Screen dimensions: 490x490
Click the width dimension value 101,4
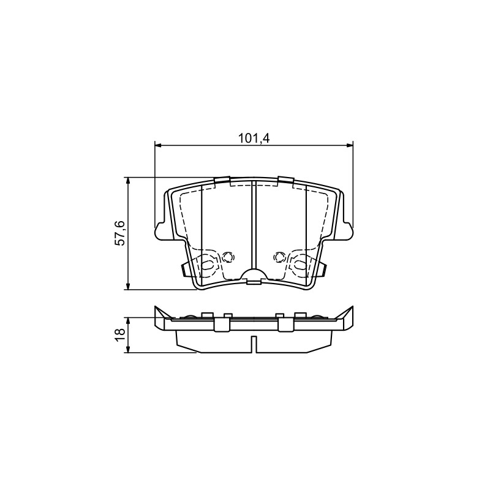click(254, 138)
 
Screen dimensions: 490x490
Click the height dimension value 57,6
click(119, 233)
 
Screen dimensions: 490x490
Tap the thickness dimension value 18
click(120, 335)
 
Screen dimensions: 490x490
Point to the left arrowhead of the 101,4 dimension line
click(158, 145)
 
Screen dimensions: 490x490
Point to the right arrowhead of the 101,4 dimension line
click(350, 145)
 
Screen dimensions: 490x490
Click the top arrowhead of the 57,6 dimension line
click(127, 181)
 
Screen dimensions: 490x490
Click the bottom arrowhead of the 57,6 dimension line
click(127, 287)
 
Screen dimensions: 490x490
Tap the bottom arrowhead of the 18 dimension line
click(127, 350)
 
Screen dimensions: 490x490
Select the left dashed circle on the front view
click(228, 257)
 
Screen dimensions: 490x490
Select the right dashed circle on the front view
click(279, 257)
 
